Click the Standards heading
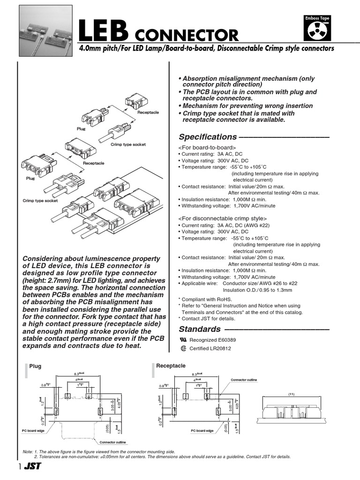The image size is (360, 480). tap(199, 329)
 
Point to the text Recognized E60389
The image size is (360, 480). tap(209, 340)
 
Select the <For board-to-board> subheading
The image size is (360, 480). tap(207, 148)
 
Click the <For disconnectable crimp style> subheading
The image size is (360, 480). tap(222, 218)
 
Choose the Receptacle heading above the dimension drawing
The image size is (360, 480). tap(171, 366)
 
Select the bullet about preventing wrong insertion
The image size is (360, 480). tap(245, 106)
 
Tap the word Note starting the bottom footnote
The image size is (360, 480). tap(28, 452)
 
